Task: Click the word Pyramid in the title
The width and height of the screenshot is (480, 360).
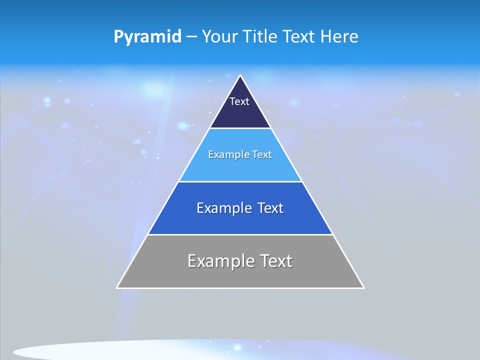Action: point(147,37)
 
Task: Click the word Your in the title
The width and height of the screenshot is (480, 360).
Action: point(220,37)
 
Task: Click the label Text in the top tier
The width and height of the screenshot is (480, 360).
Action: point(239,101)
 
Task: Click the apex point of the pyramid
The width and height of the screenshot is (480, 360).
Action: point(240,76)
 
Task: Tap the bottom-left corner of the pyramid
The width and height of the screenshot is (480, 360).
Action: point(117,287)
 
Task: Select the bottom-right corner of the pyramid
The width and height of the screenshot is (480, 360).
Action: point(363,287)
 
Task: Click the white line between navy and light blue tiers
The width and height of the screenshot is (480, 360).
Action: point(240,128)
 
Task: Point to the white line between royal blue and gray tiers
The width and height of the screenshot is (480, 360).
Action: point(240,234)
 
